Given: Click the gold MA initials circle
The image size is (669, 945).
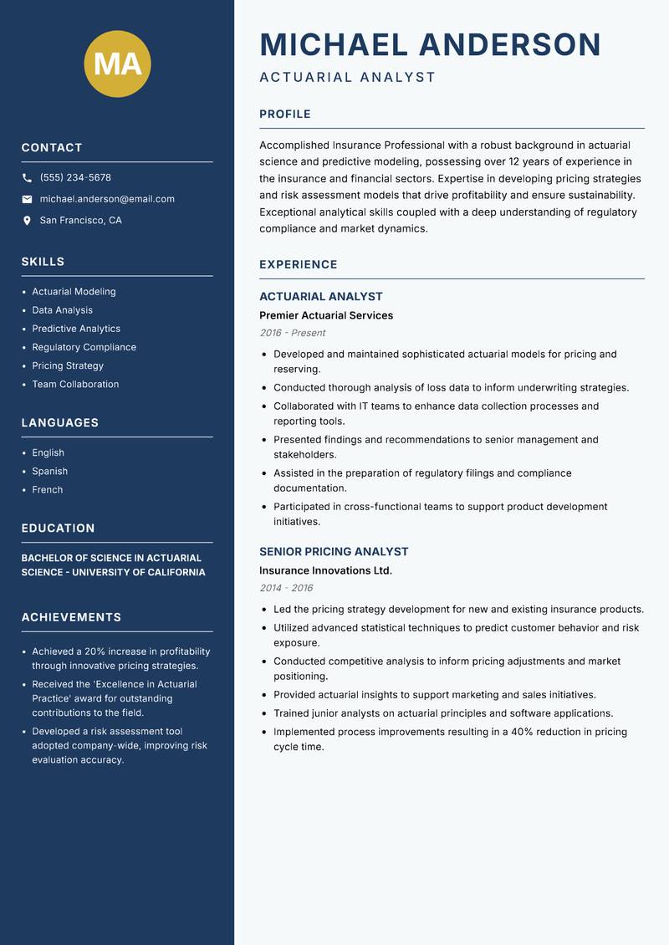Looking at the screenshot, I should pos(118,64).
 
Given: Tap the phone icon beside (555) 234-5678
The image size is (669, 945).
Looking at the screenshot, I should pos(27,178).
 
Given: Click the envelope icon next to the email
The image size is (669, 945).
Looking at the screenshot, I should pos(27,199).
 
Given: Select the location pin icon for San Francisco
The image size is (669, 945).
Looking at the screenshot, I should pos(27,221).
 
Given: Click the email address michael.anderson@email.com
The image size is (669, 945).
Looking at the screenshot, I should pos(107,199).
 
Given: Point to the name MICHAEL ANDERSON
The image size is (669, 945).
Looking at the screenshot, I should pos(430,44).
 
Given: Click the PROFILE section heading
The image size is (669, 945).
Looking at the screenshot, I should pos(284,115).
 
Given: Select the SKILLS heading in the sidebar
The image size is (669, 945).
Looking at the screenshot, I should pos(43,262).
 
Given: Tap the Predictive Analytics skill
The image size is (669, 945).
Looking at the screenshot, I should pos(76,329).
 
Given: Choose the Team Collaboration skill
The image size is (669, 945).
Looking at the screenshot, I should pos(75,384).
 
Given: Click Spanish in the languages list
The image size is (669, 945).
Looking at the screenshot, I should pos(49,471).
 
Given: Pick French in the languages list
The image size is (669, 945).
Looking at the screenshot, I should pos(47,489).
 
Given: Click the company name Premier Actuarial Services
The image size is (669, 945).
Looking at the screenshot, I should pos(325,315).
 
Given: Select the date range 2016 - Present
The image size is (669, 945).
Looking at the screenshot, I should pos(292,333).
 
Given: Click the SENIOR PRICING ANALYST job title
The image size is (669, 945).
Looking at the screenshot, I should pos(334,552).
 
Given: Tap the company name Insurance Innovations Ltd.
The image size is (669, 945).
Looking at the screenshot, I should pos(325,570).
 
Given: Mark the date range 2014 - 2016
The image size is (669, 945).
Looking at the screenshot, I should pos(286,588).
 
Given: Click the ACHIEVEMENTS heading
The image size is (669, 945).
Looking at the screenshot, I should pos(71,617).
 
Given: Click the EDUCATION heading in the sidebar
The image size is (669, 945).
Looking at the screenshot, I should pos(58,529).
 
